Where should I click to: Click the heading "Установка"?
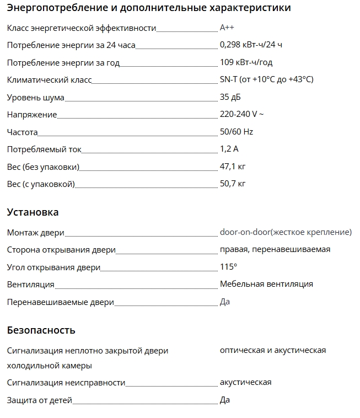(x=33, y=212)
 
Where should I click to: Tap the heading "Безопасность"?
(x=41, y=330)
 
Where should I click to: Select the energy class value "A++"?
(x=227, y=28)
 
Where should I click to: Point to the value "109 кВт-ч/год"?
(x=246, y=62)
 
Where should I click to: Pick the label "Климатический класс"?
(x=49, y=80)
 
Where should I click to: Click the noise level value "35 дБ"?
(x=230, y=97)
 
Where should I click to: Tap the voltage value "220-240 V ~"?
(x=241, y=115)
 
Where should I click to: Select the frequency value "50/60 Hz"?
(x=237, y=132)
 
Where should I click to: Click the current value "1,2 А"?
(x=229, y=149)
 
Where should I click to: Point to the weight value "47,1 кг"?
(x=233, y=167)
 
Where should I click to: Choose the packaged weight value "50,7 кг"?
(x=233, y=184)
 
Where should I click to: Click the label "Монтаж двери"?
(x=35, y=233)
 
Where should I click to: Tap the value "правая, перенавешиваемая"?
(x=275, y=249)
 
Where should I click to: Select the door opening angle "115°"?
(x=228, y=267)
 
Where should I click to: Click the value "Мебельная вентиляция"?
(x=266, y=284)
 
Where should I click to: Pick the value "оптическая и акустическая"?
(x=273, y=350)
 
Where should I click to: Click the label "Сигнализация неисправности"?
(x=66, y=383)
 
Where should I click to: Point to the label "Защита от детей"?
(x=39, y=400)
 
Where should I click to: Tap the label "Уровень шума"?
(x=35, y=98)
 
